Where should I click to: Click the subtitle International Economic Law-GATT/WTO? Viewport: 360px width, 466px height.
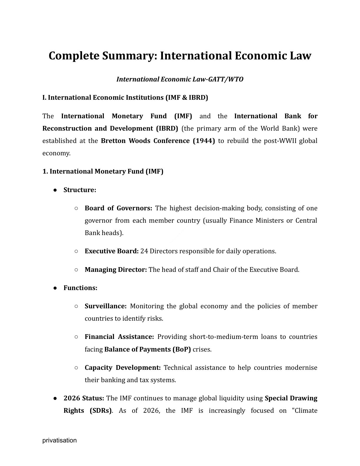[180, 79]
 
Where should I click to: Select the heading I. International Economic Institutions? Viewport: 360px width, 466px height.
[125, 98]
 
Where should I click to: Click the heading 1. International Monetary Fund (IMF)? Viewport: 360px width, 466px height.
[103, 172]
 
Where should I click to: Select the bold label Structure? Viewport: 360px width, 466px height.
[80, 190]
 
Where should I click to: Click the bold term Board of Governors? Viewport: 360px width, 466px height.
[118, 208]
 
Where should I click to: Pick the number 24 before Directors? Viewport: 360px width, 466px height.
[144, 251]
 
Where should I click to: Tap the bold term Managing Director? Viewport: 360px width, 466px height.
[116, 270]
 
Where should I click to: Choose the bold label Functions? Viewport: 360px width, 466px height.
[80, 288]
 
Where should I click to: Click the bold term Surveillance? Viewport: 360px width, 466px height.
[105, 306]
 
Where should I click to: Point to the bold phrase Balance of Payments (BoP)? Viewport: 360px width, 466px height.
[147, 349]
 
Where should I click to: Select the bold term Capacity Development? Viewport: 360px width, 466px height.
[122, 368]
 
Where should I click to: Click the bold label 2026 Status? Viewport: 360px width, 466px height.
[84, 398]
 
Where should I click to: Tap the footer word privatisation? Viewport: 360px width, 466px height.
[59, 440]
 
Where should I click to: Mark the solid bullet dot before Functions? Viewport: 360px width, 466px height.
[55, 288]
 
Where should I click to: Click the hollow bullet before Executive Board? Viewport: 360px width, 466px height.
[76, 251]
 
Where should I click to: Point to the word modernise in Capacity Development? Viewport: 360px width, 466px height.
[301, 368]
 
